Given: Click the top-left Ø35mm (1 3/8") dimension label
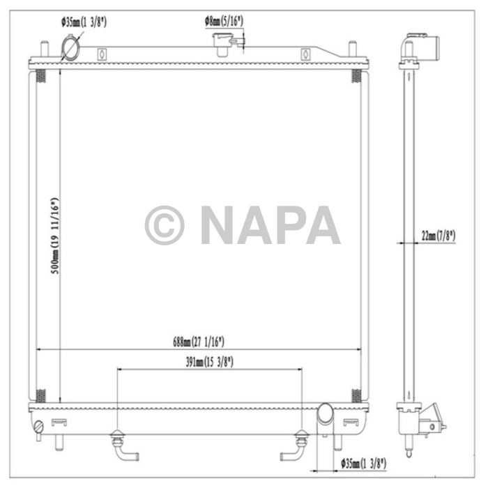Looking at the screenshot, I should [x=84, y=22].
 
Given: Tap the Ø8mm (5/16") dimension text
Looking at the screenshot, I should [x=224, y=21].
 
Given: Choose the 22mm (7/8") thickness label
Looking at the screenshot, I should [x=439, y=236].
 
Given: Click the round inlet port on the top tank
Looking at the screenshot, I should [x=70, y=47].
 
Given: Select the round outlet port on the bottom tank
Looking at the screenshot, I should [x=326, y=414].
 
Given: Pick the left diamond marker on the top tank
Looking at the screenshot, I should [x=102, y=54].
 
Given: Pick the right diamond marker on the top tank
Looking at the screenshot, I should [x=304, y=54].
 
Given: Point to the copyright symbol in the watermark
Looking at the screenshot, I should [x=165, y=225].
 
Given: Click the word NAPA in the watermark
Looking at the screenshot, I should [x=270, y=225].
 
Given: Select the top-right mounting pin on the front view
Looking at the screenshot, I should [x=352, y=49].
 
